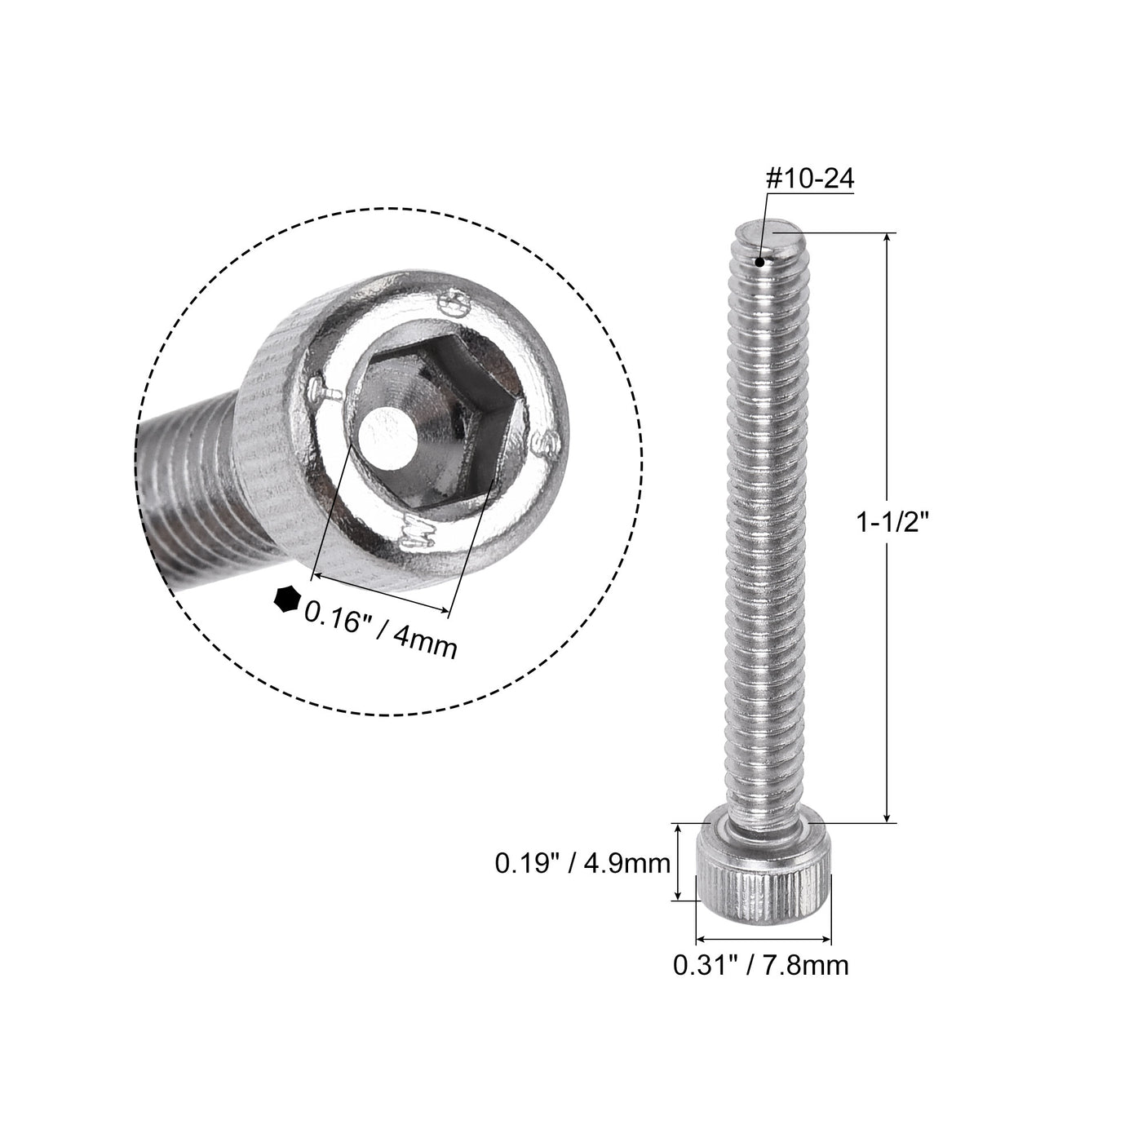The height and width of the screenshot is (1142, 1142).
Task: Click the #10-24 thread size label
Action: coord(809,179)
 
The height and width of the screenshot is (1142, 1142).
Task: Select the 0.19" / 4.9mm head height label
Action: coord(582,863)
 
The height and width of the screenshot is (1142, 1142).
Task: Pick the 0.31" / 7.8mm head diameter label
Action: coord(760,965)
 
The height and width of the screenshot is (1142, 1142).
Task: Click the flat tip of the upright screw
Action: coord(772,232)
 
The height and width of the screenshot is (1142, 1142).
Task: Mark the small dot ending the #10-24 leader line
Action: coord(760,263)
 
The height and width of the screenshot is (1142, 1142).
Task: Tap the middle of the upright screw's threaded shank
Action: coord(763,522)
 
